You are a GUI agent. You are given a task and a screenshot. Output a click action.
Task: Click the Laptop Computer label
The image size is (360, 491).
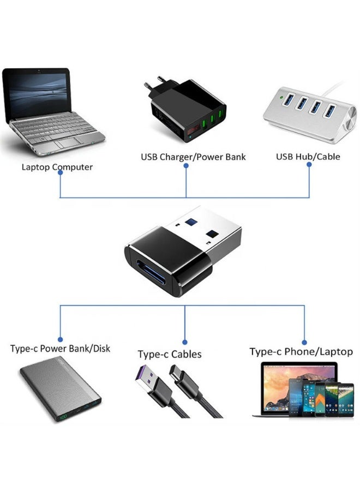(x=57, y=167)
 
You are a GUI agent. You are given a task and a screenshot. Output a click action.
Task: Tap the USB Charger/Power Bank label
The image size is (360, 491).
(x=193, y=157)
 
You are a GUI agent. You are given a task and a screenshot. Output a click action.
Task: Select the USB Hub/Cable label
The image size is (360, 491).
(x=308, y=157)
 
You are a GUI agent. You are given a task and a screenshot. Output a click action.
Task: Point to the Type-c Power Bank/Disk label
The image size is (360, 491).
(x=60, y=348)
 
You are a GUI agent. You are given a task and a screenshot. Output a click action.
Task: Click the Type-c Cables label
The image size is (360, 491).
(x=169, y=355)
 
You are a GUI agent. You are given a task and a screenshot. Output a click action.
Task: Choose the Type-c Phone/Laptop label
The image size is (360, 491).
(x=301, y=351)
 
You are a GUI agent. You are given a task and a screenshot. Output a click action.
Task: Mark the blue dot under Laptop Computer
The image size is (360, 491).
(x=59, y=172)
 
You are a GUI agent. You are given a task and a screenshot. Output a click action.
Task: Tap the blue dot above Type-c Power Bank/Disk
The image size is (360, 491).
(x=60, y=339)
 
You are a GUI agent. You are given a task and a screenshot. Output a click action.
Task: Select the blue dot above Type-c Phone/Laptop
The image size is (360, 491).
(x=304, y=342)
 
